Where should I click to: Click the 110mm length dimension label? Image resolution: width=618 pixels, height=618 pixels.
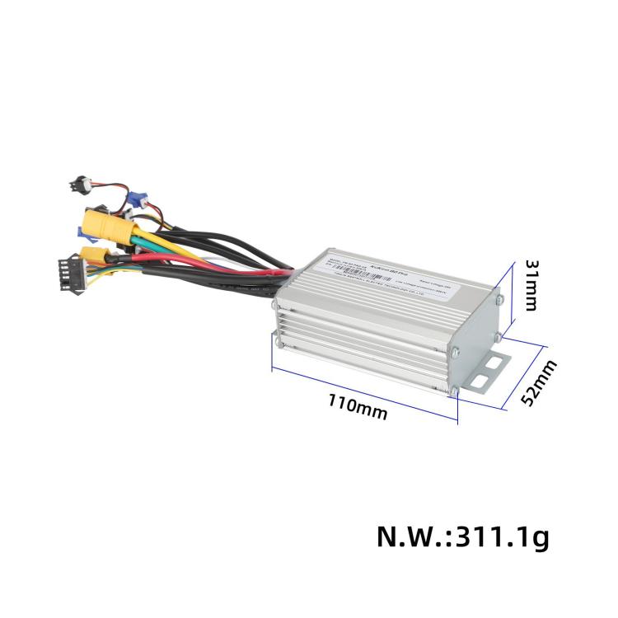(358, 405)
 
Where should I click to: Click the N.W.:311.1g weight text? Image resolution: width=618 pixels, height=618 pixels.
(461, 536)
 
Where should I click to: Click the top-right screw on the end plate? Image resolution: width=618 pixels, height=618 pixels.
(499, 300)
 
